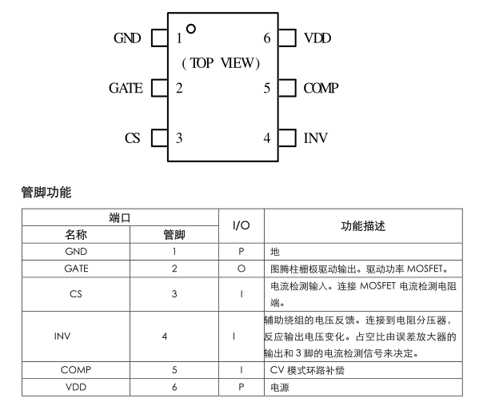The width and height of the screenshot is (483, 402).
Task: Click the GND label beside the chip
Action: pyautogui.click(x=129, y=38)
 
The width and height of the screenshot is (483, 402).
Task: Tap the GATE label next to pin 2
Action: pyautogui.click(x=126, y=88)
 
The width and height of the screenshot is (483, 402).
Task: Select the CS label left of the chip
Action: pyautogui.click(x=133, y=137)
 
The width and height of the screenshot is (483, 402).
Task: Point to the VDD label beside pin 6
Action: pyautogui.click(x=317, y=38)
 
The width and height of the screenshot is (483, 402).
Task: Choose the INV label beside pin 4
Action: pyautogui.click(x=316, y=137)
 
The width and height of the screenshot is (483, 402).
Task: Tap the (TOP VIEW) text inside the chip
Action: pyautogui.click(x=221, y=63)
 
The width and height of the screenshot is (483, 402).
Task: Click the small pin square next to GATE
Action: pyautogui.click(x=159, y=88)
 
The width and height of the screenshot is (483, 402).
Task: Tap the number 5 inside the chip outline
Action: pyautogui.click(x=267, y=88)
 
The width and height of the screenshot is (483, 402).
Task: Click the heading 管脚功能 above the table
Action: pyautogui.click(x=46, y=192)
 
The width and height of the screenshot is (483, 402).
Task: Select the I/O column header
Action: pyautogui.click(x=241, y=226)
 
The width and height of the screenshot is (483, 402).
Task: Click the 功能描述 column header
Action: pyautogui.click(x=363, y=226)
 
